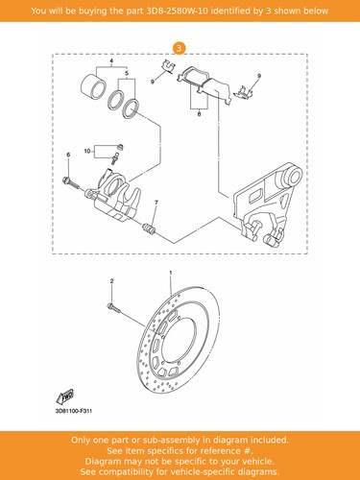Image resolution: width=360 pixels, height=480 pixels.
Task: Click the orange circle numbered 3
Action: pos(180,48)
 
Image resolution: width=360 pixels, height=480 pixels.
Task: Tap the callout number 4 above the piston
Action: pos(111,60)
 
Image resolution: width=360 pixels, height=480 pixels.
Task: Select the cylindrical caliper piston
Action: pos(93,86)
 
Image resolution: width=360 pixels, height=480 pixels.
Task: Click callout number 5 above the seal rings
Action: pos(127,73)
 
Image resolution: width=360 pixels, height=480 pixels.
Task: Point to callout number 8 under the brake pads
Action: pos(199,113)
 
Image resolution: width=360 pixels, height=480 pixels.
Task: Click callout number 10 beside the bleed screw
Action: pos(87,151)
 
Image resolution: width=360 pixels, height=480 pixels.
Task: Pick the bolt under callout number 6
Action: pos(71,182)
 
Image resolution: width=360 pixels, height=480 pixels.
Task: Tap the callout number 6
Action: pos(68,155)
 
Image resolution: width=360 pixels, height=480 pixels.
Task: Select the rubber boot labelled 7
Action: pos(149,229)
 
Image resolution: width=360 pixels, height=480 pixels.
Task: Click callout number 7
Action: pos(156,203)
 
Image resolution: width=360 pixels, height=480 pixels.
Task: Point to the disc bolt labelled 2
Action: pos(114,308)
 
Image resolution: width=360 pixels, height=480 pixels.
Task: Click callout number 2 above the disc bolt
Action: pos(111,281)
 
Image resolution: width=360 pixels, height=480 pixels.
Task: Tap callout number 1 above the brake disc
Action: pos(171,273)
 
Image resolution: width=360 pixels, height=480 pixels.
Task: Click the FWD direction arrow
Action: pos(64,396)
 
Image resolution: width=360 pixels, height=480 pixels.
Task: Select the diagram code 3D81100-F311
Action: pos(74,411)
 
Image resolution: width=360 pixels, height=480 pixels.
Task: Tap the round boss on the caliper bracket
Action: pos(292,177)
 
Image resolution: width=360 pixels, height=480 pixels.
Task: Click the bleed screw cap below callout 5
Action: pos(120,147)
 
